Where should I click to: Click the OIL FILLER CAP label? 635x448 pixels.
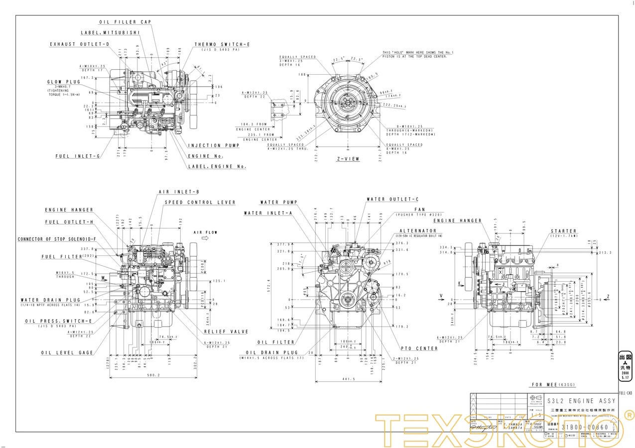125,22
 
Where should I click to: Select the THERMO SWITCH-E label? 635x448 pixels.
222,44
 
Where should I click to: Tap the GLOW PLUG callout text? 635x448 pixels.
64,82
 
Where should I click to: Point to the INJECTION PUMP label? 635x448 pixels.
214,145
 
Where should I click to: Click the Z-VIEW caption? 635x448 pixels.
348,159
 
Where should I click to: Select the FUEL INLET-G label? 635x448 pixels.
78,156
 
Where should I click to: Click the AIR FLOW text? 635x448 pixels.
206,232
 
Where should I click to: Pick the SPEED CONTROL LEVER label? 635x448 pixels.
200,203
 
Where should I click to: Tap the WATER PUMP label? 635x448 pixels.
278,203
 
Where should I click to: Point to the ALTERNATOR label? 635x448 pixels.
417,231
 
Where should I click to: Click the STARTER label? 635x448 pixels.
564,231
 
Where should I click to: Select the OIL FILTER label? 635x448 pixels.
276,342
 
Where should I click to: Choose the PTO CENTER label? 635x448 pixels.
419,348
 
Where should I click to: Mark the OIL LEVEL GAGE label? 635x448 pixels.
67,352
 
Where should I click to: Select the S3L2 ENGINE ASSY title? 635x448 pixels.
581,401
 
